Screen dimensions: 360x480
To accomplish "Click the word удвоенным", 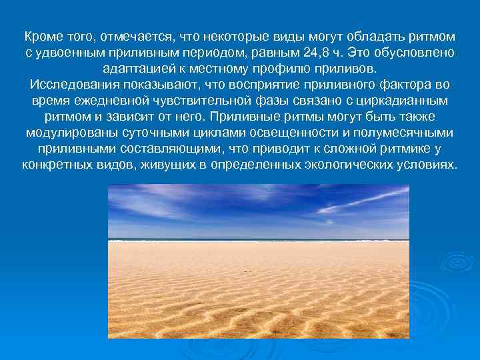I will coord(67,53).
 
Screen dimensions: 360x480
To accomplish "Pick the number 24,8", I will coord(327,53).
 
